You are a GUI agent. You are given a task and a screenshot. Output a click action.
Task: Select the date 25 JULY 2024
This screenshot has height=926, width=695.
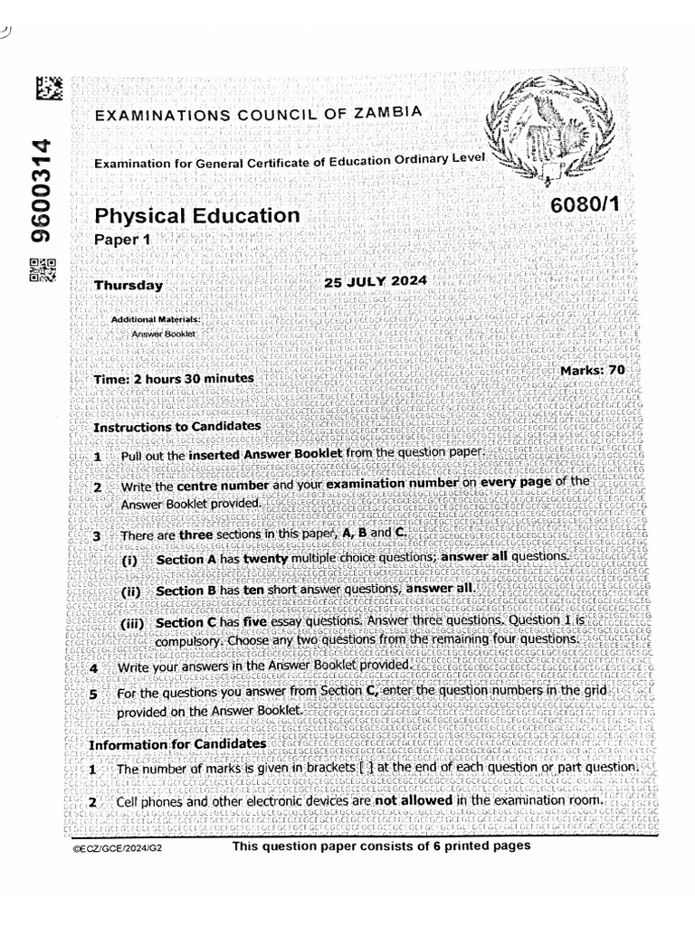pyautogui.click(x=375, y=281)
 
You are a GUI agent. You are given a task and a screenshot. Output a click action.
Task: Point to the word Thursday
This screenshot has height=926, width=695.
pyautogui.click(x=129, y=286)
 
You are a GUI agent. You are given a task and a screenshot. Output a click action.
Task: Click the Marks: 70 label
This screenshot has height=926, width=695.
pyautogui.click(x=593, y=370)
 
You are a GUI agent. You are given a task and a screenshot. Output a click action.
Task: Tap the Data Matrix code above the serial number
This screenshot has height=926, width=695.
pyautogui.click(x=49, y=90)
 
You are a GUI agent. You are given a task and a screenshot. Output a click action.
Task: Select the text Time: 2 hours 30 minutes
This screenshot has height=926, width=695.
pyautogui.click(x=174, y=378)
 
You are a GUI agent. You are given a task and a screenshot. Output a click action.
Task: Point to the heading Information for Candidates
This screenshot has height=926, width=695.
pyautogui.click(x=177, y=743)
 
